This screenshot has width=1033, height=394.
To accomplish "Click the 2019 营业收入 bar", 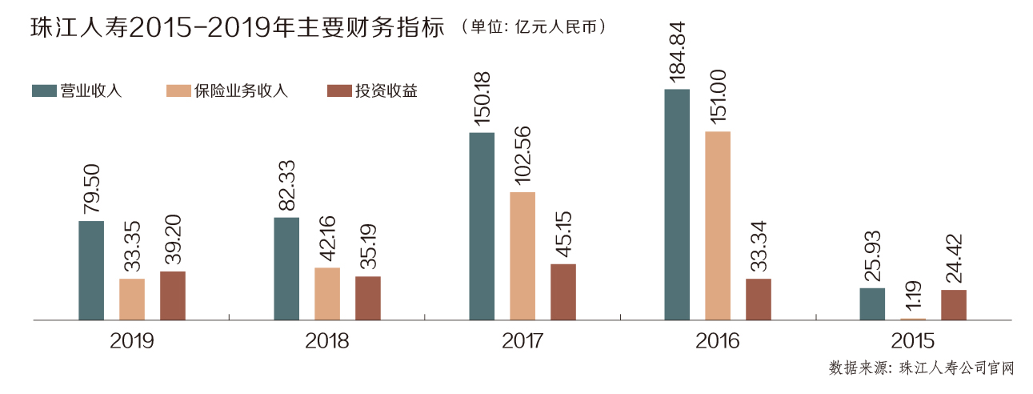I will pos(91,271).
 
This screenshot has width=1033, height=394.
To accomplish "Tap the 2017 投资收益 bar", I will pos(563,292).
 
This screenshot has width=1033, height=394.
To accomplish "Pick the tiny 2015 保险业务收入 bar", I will pos(913,319).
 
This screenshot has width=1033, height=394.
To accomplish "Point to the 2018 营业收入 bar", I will pos(286,269).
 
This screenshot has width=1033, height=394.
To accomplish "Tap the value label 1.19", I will pos(914,294).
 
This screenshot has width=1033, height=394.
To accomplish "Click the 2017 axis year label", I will pos(523,341).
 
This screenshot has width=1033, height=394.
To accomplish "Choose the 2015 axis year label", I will pos(914,341).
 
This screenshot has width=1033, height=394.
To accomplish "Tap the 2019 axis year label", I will pos(132,341).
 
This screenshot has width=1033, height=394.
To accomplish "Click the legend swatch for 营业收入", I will pos(44,90).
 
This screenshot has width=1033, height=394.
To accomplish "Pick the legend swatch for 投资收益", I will pos(341,90).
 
